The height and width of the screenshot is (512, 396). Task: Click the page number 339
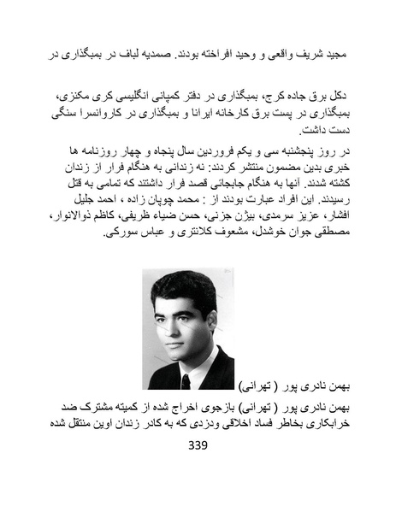[197, 445]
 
